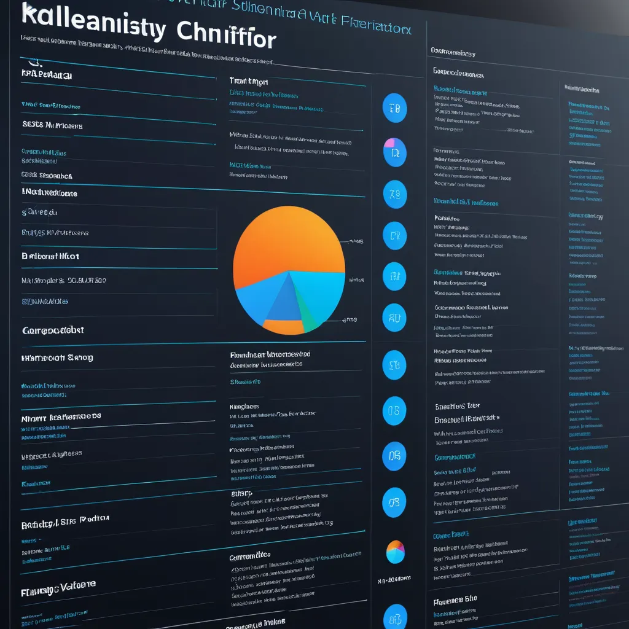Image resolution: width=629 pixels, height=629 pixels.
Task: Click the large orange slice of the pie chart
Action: tap(286, 240)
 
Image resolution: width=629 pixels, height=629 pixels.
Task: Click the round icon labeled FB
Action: tap(394, 109)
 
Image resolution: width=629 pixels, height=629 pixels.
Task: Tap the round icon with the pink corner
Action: tap(394, 152)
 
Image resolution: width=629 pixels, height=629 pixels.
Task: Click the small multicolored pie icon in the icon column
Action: tap(395, 551)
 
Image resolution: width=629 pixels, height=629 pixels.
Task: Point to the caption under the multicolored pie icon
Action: tap(394, 579)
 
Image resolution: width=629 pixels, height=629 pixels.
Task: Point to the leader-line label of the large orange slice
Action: tap(356, 241)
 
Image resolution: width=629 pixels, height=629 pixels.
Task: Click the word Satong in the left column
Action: tap(80, 357)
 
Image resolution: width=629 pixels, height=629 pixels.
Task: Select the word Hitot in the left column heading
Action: tap(68, 256)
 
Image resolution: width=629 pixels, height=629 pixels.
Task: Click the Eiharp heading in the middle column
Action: tap(241, 493)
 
